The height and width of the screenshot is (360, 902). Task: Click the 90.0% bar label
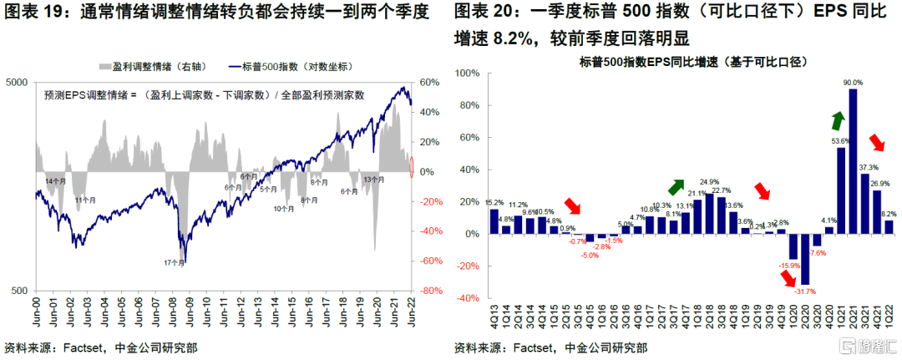(853, 83)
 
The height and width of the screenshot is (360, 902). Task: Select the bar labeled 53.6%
(840, 191)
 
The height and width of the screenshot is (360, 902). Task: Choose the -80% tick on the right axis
(430, 291)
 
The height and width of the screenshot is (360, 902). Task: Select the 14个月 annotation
(55, 181)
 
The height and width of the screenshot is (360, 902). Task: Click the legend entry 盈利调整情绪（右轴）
(154, 65)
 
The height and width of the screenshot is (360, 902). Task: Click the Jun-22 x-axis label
(410, 314)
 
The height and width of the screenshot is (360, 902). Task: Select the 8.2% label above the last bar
(889, 214)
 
